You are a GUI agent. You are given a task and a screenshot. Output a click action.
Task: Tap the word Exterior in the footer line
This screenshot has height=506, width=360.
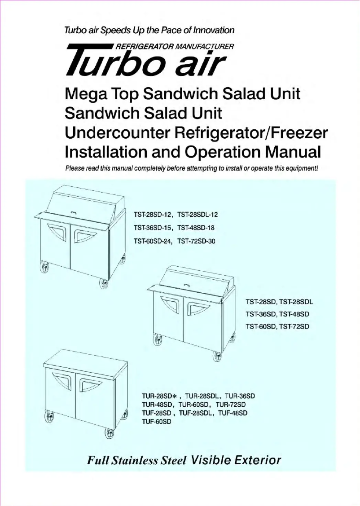[x=254, y=460]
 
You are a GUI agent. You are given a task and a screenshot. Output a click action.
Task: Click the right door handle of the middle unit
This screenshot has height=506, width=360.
[x=195, y=308]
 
